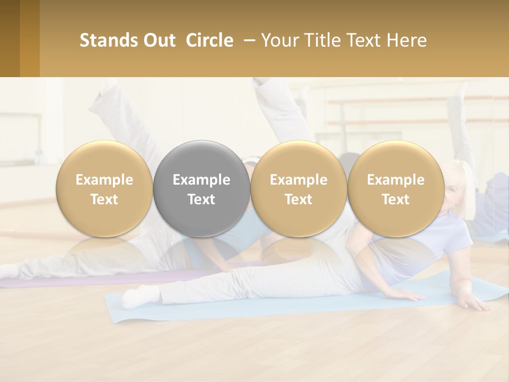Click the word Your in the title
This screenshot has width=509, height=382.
pos(278,40)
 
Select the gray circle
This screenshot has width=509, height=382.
pos(201,189)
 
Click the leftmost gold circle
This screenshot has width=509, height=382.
pos(104,189)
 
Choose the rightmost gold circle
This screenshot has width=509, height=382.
pos(396,189)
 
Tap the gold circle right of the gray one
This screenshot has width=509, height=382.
pos(299,189)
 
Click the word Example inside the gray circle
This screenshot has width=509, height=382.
pos(201,180)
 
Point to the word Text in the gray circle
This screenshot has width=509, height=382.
pos(201,199)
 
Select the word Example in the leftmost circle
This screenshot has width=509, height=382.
pos(104,180)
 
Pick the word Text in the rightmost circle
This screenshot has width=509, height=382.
pos(396,199)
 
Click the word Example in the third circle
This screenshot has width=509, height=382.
pos(299,180)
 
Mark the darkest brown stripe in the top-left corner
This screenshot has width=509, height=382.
pos(10,38)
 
